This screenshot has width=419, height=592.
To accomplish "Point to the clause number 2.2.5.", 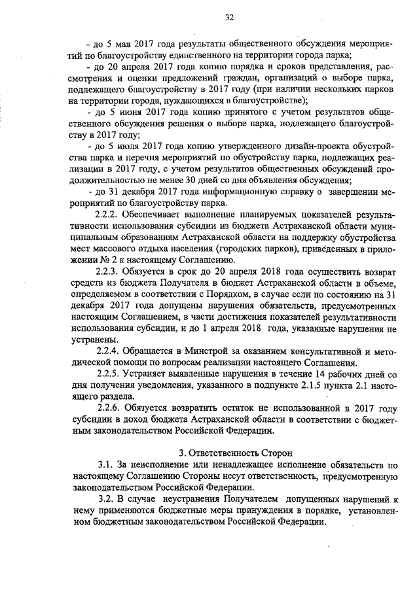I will click(109, 375).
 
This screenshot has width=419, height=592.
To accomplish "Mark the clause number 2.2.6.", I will click(109, 409).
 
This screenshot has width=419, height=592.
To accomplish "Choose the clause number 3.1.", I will click(105, 465).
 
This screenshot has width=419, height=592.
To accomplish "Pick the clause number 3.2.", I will click(105, 499).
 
